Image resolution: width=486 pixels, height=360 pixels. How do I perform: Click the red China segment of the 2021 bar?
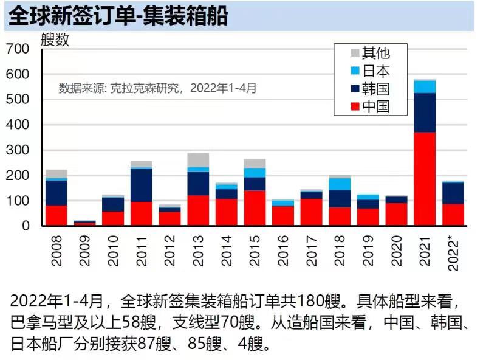[x=425, y=179]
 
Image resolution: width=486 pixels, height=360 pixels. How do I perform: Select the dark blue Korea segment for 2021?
[x=425, y=112]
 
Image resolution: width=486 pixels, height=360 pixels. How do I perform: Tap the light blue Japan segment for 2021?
[x=425, y=86]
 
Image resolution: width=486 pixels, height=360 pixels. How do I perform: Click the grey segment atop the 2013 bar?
[x=198, y=160]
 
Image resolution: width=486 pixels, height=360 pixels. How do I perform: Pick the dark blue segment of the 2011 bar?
[x=142, y=185]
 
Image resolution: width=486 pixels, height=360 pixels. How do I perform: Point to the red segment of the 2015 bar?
[x=255, y=208]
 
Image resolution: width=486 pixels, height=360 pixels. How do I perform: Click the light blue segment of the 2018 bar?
[x=340, y=184]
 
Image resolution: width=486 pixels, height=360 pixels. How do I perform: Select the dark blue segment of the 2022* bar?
[x=453, y=193]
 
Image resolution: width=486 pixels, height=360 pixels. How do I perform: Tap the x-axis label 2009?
[x=86, y=251]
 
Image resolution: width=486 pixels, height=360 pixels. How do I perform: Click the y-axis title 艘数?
[x=55, y=40]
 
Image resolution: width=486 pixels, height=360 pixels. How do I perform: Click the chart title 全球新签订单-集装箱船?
[x=118, y=16]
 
